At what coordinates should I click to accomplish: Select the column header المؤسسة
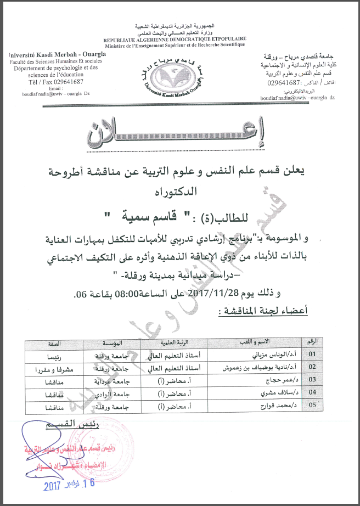pyautogui.click(x=120, y=343)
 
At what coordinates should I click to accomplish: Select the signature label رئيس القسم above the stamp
pyautogui.click(x=68, y=426)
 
